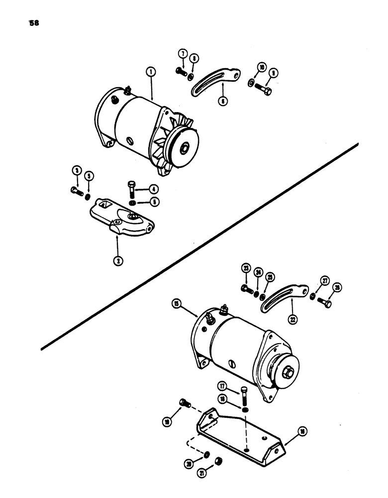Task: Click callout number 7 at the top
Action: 182,53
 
